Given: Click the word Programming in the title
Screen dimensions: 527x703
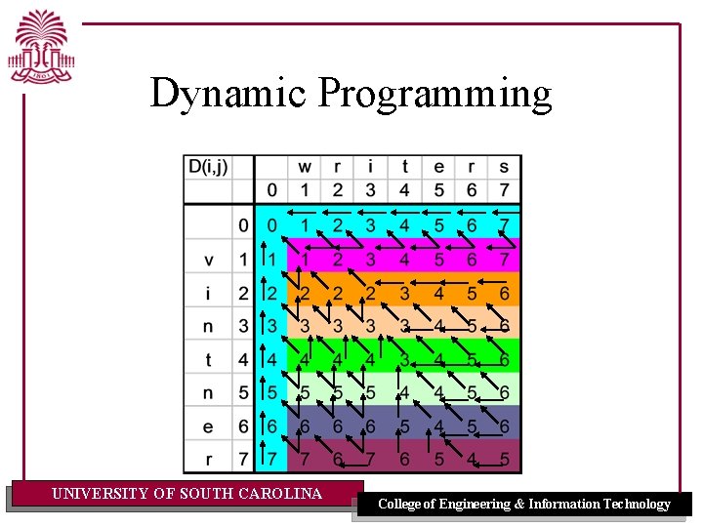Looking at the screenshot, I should coord(434,95).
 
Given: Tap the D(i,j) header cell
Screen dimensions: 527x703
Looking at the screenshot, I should coord(207,167).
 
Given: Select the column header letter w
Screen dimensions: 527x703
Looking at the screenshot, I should coord(305,167).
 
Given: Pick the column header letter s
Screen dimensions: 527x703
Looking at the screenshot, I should coord(504,167).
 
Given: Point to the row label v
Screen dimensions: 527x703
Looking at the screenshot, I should coord(208,260).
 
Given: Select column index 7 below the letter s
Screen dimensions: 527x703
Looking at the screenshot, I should coord(504,190).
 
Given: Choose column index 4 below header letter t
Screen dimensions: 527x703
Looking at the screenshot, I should coord(404,190).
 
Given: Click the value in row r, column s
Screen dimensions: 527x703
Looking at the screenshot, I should coord(504,459).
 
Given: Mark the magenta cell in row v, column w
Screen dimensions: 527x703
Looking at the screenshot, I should coord(305,260).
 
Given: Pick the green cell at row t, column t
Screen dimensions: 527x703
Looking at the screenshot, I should coord(404,360).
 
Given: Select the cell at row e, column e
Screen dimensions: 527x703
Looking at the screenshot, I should coord(438,426).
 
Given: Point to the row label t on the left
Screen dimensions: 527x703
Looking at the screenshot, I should coord(208,360).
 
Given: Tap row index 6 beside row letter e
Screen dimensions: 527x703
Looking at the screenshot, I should coord(243,426).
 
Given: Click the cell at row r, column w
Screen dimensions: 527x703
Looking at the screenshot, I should coord(305,459).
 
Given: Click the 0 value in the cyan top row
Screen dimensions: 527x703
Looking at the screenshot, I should coord(272,226).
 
